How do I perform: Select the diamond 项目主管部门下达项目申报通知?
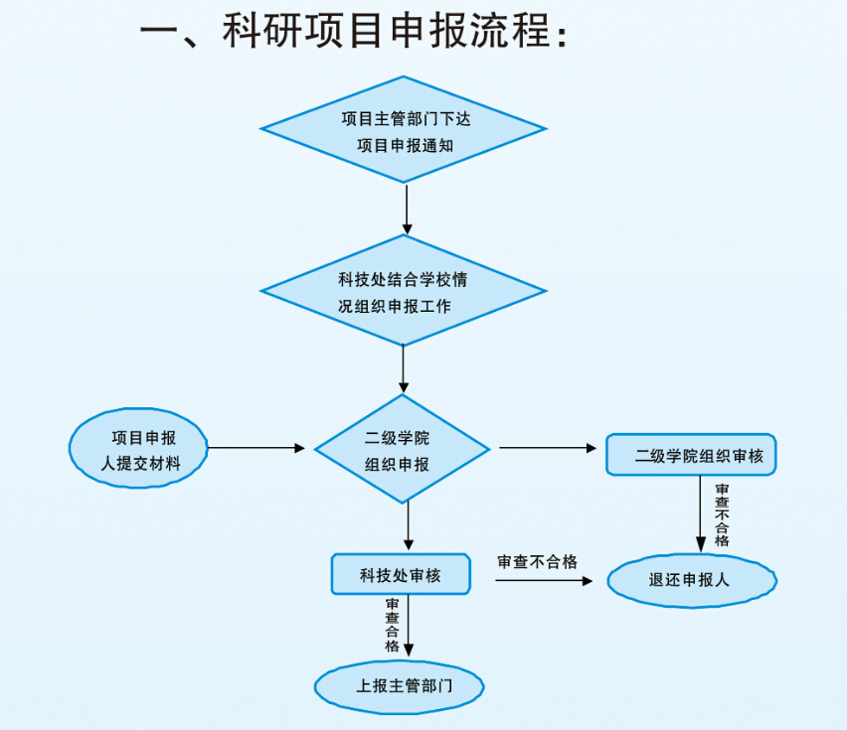click(x=404, y=129)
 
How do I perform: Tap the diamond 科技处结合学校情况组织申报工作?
click(x=404, y=291)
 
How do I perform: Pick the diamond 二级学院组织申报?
click(x=403, y=450)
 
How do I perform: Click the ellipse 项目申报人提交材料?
click(x=139, y=449)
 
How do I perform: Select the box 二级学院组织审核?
click(x=691, y=457)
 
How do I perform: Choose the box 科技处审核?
click(x=401, y=574)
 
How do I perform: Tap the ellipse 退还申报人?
click(x=691, y=580)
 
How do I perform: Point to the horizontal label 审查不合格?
click(x=537, y=562)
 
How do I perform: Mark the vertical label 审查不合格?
click(x=722, y=514)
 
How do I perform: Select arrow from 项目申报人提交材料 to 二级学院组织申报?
click(x=256, y=448)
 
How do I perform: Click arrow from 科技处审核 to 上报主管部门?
click(x=408, y=628)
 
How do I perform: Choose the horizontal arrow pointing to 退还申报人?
click(x=543, y=579)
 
